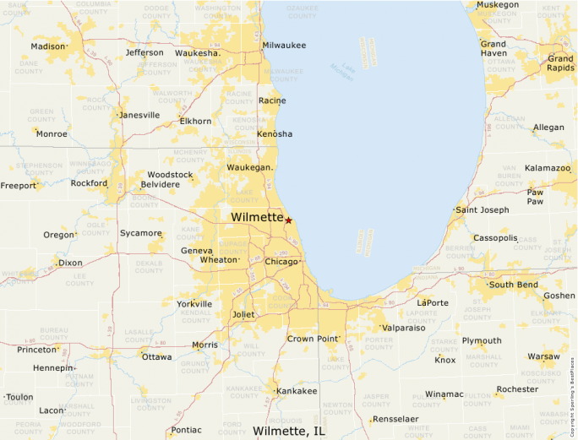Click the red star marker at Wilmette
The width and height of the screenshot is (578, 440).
click(x=288, y=220)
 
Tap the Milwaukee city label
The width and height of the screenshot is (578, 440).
click(x=284, y=45)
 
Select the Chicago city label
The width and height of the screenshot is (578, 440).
click(x=281, y=262)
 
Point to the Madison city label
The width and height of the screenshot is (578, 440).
click(x=48, y=46)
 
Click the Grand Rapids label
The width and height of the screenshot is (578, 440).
click(x=559, y=63)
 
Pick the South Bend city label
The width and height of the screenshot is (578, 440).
click(x=514, y=285)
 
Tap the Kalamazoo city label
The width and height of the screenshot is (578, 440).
click(x=547, y=168)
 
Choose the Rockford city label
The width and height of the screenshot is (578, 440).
click(x=89, y=183)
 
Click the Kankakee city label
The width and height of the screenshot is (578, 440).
click(x=297, y=391)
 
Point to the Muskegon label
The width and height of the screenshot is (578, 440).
click(x=499, y=5)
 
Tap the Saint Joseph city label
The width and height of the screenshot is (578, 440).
click(x=482, y=209)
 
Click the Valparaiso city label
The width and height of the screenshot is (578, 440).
click(x=403, y=328)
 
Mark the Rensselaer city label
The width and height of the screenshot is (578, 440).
click(x=395, y=419)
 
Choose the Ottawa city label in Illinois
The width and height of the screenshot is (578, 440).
click(x=157, y=357)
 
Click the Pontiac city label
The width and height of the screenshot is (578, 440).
click(x=186, y=430)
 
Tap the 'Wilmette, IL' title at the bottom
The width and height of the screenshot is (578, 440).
click(x=288, y=431)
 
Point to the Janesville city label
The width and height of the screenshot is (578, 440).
click(x=139, y=115)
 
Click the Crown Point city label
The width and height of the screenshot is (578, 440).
click(x=312, y=339)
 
